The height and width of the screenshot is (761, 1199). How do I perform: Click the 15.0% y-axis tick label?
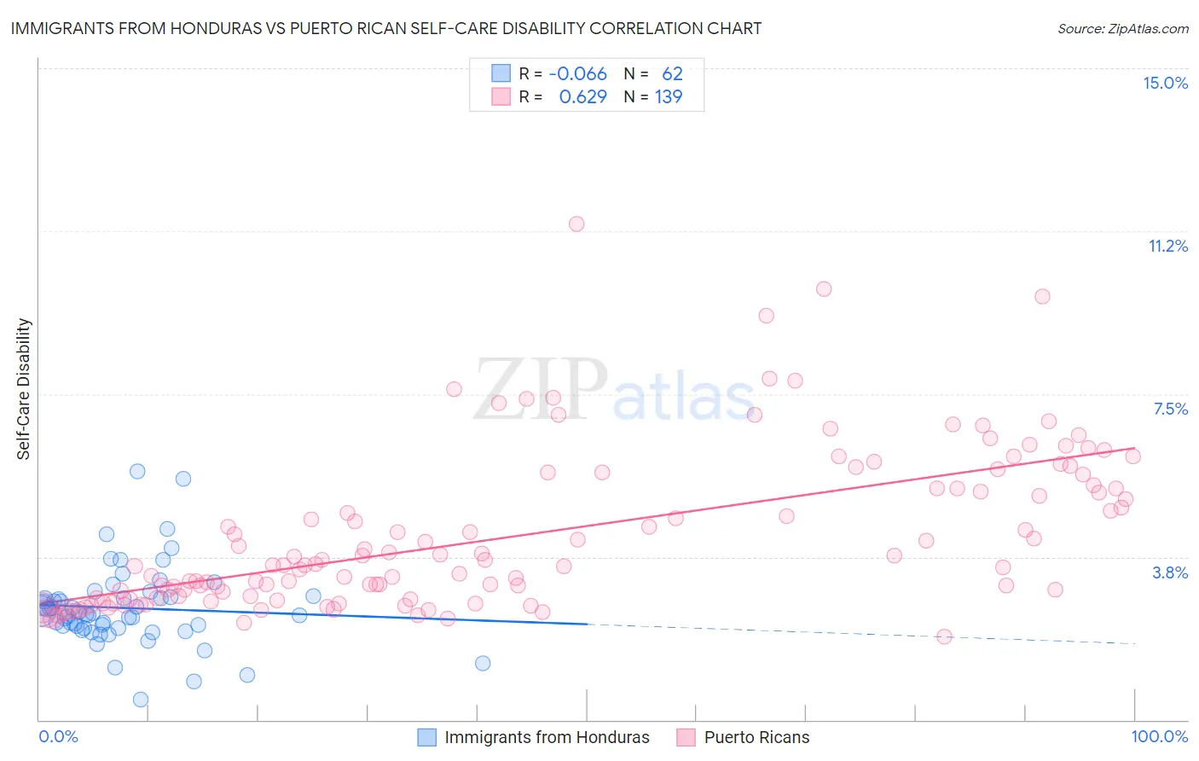point(1165,84)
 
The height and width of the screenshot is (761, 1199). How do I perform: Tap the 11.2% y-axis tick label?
point(1167,247)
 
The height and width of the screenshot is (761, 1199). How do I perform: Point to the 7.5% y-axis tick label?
point(1170,410)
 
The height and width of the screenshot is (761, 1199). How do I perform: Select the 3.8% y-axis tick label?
point(1170,573)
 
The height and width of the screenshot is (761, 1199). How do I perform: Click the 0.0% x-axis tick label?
point(58,737)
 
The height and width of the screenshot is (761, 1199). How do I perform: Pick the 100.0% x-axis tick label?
point(1159,737)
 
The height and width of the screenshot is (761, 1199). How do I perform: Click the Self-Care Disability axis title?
point(24,389)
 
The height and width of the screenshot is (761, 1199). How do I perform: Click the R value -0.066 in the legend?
point(577,74)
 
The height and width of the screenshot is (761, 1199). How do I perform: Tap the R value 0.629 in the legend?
point(582,97)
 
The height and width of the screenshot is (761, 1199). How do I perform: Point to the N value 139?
point(669,97)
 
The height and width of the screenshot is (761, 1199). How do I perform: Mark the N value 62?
point(672,74)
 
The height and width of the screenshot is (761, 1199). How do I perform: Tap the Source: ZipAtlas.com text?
point(1122,29)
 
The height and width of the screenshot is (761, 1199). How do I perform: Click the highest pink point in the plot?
point(576,224)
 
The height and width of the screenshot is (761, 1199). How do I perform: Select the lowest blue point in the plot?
point(141,700)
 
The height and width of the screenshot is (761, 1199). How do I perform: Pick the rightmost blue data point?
point(483,664)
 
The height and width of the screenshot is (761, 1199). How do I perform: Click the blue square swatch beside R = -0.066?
point(501,74)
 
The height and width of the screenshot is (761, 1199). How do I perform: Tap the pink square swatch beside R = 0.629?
point(501,97)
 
